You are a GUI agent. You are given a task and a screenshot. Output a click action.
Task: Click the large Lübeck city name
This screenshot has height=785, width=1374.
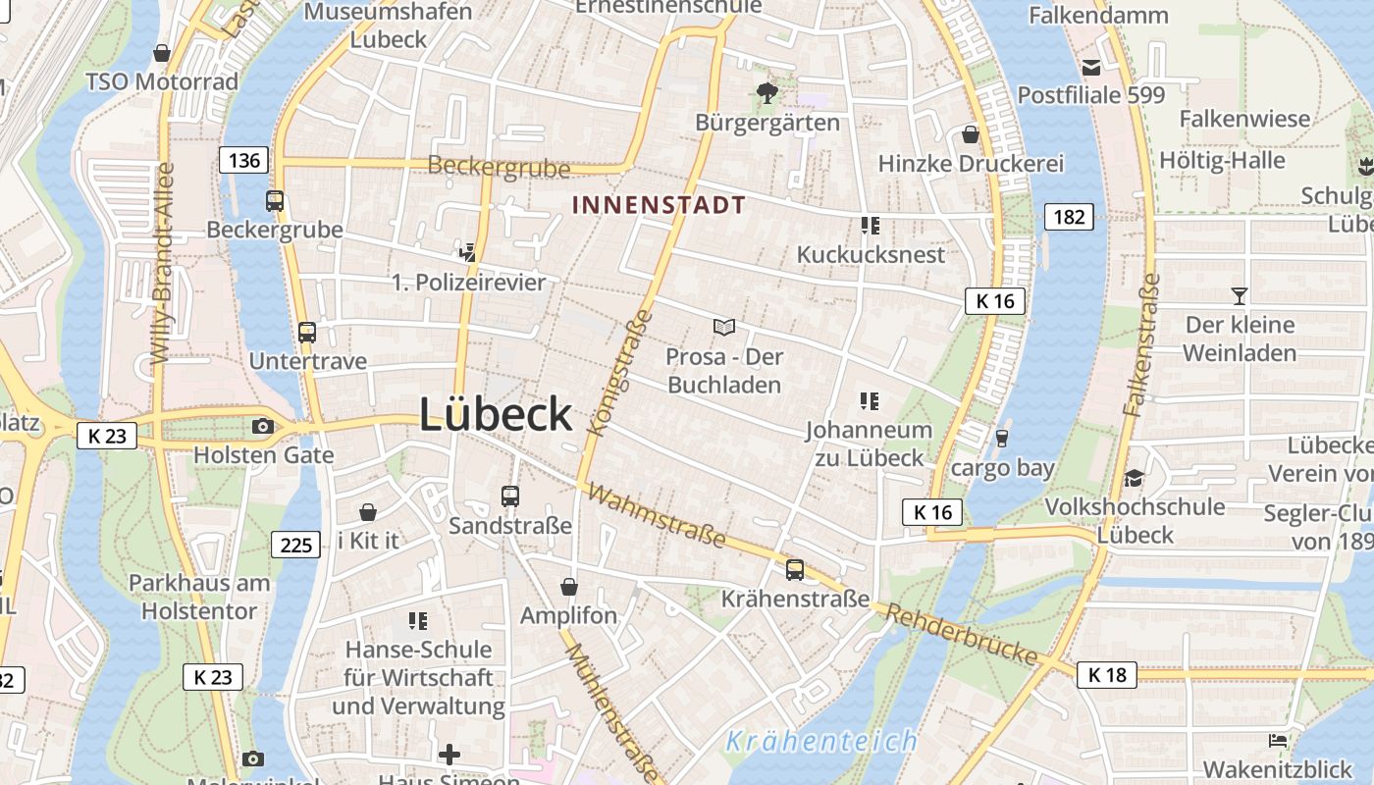tap(496, 414)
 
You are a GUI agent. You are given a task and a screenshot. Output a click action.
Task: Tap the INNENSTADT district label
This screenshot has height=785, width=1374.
tap(659, 205)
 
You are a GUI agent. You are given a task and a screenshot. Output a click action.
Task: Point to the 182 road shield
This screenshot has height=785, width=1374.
tap(1069, 216)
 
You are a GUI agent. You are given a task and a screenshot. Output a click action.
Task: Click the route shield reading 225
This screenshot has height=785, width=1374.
tap(295, 545)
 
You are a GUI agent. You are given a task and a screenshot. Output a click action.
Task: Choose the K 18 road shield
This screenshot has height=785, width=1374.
tap(1107, 674)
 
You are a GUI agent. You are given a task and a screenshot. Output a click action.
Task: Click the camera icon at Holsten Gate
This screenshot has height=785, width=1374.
tap(262, 426)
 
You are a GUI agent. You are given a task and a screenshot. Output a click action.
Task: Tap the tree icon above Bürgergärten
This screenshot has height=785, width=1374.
tap(766, 93)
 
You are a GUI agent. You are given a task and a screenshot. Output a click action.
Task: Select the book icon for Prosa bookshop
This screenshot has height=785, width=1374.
tap(724, 327)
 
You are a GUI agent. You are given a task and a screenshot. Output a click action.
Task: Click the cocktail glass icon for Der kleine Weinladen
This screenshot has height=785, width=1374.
tap(1240, 295)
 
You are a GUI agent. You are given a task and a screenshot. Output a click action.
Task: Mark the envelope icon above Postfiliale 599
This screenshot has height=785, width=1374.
tap(1090, 67)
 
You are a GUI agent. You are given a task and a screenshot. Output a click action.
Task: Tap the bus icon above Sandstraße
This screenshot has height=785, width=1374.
tap(509, 497)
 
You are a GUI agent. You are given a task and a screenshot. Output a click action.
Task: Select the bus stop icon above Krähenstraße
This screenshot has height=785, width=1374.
tap(795, 569)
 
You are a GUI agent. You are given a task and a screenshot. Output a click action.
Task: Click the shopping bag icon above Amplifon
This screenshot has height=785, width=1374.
tap(568, 587)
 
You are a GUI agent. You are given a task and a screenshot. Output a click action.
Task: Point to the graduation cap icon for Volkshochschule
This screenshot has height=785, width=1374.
tap(1135, 478)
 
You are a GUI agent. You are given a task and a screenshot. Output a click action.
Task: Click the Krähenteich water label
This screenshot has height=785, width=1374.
tap(820, 741)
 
